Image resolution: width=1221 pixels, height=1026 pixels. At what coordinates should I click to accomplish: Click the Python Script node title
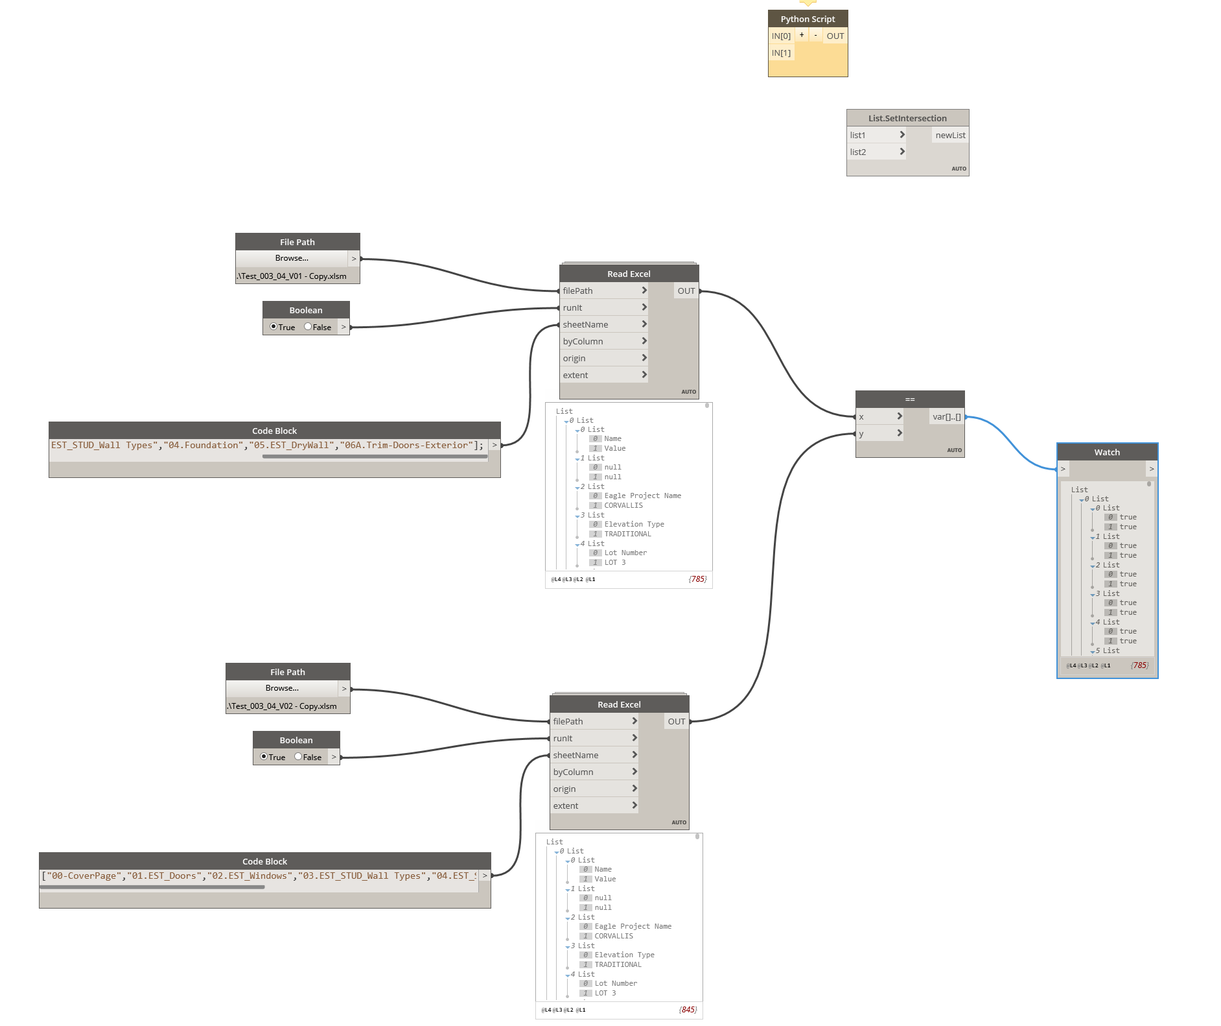(x=808, y=19)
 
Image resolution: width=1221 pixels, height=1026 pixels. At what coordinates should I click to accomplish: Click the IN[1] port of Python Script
(x=781, y=53)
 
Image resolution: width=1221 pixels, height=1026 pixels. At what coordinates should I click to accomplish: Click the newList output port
(x=950, y=135)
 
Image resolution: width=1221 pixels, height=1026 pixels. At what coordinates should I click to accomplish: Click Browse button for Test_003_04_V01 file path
(x=292, y=258)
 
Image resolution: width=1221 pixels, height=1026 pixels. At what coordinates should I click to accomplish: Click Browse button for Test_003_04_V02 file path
(x=282, y=688)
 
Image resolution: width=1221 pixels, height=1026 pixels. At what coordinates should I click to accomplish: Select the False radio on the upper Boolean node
(x=308, y=327)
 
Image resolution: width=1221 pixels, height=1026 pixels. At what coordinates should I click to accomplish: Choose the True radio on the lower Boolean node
(x=264, y=757)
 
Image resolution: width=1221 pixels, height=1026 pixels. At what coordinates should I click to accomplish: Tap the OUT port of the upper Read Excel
(x=686, y=291)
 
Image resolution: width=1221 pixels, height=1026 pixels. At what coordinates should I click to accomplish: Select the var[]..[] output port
(x=947, y=416)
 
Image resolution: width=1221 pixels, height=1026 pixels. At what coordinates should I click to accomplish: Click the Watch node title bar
(x=1107, y=452)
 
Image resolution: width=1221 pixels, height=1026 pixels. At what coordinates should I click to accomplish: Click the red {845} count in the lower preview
(x=688, y=1010)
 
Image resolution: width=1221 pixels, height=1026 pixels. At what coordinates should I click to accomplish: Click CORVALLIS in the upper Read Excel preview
(x=623, y=505)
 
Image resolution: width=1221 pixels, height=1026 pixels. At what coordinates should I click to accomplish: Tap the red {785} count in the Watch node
(x=1139, y=665)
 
